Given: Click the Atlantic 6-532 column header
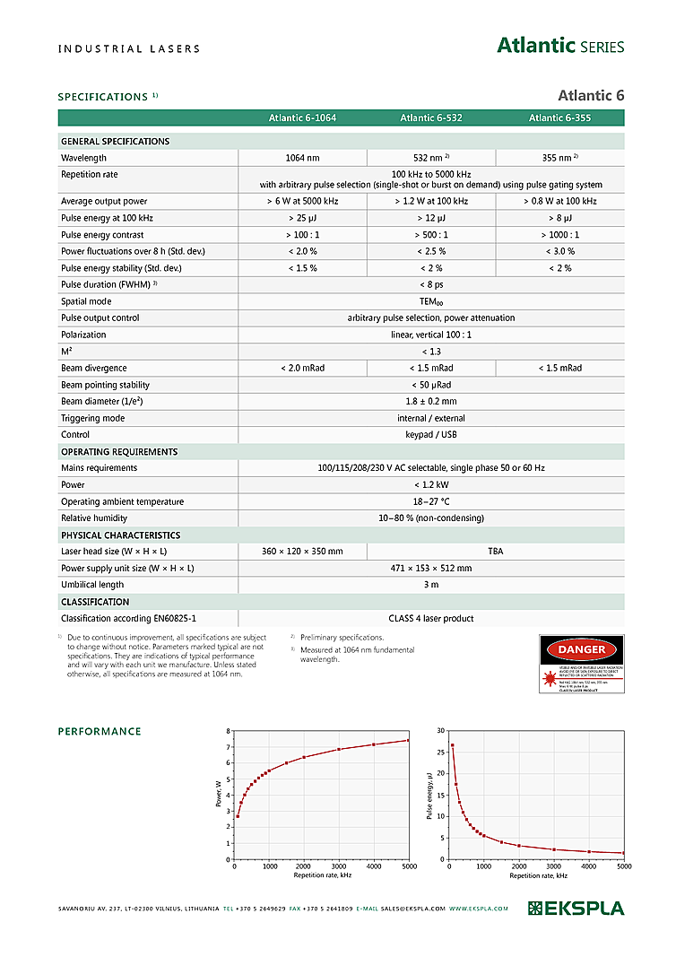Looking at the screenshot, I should point(431,117).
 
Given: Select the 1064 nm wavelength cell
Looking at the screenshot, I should point(302,158).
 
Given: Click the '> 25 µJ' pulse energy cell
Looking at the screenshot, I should point(302,218).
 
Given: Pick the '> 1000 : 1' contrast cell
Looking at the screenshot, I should point(560,235).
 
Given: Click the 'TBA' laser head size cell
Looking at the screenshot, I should point(496,552).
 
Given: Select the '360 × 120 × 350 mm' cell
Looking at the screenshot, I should point(302,552).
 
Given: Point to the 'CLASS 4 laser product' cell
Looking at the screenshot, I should point(431,618).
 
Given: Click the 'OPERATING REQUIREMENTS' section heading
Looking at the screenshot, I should point(119,452).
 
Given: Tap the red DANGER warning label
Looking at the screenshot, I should point(581,664).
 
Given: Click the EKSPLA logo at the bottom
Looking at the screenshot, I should point(576,909).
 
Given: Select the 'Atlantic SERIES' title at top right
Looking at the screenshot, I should point(560,47).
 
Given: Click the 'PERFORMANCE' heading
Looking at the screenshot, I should point(100,732).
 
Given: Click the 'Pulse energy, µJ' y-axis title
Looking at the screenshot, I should point(430,795).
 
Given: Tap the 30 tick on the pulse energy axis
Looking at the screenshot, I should point(440,731).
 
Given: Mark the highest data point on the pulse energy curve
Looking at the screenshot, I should point(453,745).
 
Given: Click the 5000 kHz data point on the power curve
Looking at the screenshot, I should point(408,740).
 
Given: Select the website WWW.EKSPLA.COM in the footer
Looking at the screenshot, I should point(479,909).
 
